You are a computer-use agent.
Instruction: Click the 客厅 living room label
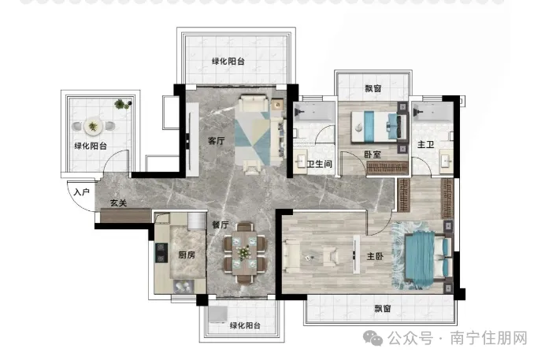[x=217, y=141]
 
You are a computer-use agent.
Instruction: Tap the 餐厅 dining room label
[x=221, y=225]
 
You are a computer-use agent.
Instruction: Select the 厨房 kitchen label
[x=187, y=255]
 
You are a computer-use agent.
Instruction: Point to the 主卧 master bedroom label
[x=375, y=257]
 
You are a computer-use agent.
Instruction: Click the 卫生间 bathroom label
[x=320, y=164]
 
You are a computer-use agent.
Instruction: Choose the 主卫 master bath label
[x=426, y=144]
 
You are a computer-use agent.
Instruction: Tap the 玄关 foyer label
[x=118, y=203]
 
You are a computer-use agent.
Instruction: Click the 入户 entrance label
[x=82, y=191]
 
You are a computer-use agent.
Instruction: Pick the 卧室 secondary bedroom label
[x=373, y=154]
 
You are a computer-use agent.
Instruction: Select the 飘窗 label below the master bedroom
[x=383, y=309]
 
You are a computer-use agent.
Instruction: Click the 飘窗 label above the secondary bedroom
[x=373, y=88]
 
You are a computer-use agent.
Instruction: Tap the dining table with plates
[x=245, y=253]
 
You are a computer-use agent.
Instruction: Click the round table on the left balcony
[x=93, y=126]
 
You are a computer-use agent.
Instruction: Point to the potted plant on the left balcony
[x=120, y=104]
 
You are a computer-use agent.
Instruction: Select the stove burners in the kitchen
[x=161, y=253]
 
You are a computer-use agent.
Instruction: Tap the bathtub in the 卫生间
[x=314, y=112]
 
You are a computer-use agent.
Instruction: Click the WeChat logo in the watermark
[x=373, y=338]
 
